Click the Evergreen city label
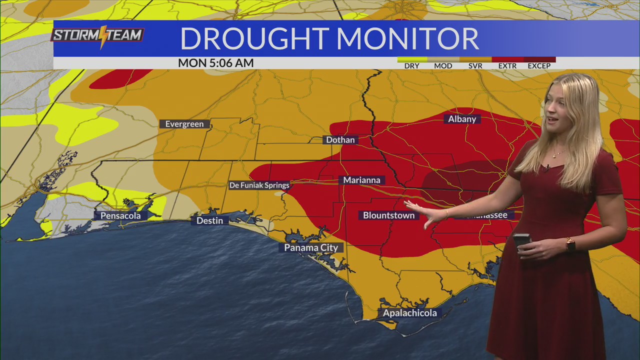tap(184, 124)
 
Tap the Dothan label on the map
tap(340, 140)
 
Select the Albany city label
tap(462, 119)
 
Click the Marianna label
tap(362, 180)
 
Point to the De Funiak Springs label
tap(259, 185)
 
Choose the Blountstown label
tap(388, 215)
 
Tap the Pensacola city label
tap(120, 216)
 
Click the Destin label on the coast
tap(209, 220)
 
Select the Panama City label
tap(311, 247)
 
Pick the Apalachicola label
tap(410, 313)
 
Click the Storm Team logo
tap(98, 36)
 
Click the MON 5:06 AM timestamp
tap(215, 63)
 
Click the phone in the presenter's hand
tap(521, 241)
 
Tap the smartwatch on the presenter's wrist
tap(570, 244)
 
